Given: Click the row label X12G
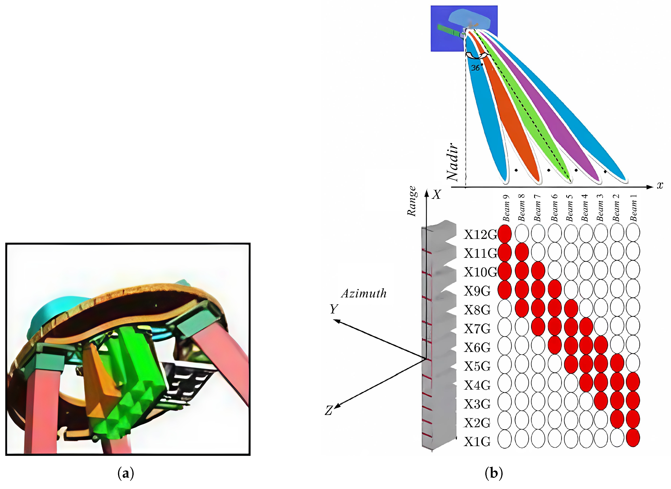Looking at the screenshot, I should [480, 235].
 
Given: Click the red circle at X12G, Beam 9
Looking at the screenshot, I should [505, 234].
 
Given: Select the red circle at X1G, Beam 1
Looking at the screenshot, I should [633, 438].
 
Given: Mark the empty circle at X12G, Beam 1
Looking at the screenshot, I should [633, 233].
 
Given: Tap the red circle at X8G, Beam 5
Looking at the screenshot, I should [571, 308].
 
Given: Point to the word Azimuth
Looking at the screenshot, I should [364, 293].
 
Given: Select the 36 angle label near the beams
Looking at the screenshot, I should [475, 68].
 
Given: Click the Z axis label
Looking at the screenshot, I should [328, 410].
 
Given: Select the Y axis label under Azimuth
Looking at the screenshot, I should [334, 309].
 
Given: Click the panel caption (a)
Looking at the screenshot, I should [126, 474].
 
